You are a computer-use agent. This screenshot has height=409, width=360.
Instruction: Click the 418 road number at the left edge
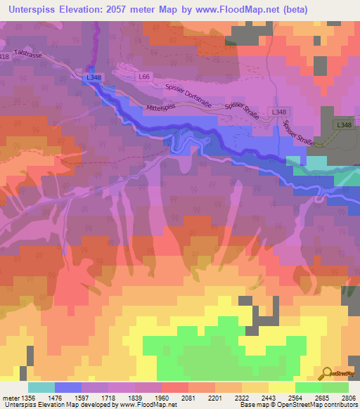[x=5, y=56]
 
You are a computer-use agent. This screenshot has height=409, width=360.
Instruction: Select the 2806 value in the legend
[x=349, y=398]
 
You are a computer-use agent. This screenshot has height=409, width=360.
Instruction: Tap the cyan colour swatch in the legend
[x=41, y=387]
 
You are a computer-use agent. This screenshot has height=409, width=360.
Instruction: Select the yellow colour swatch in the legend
[x=282, y=387]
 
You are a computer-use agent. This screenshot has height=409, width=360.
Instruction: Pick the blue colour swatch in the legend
[x=68, y=387]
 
